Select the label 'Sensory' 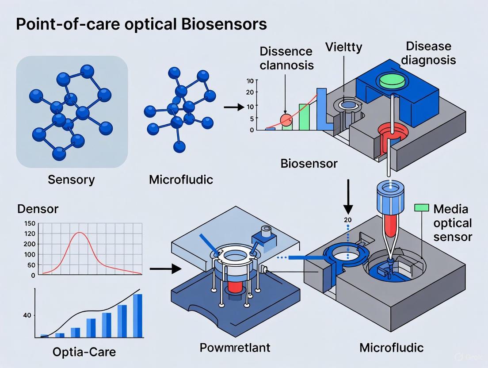point(72,180)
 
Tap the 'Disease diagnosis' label point(428,53)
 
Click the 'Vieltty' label point(344,46)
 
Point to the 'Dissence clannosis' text point(287,58)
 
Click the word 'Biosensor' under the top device point(309,164)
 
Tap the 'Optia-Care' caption point(84,352)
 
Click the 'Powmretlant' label point(235,347)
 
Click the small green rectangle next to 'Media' point(421,207)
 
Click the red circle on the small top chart point(286,119)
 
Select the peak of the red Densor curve point(80,232)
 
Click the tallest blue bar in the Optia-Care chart point(137,315)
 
